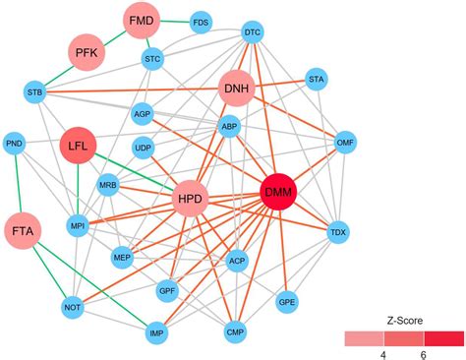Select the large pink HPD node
point(191,201)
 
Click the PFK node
point(86,53)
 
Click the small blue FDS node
point(202,22)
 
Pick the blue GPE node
point(287,301)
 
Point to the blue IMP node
point(156,334)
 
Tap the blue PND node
point(15,144)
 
